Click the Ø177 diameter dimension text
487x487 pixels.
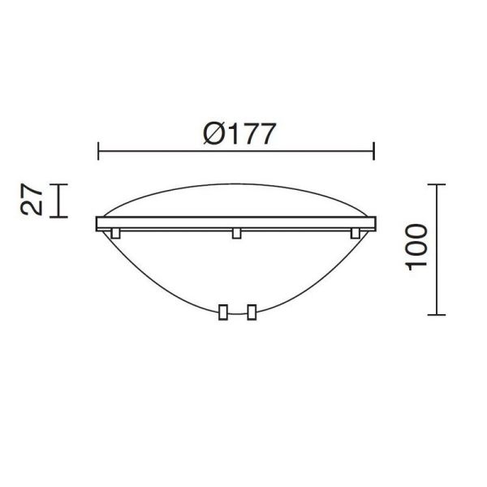[236, 133]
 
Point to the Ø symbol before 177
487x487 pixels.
[211, 133]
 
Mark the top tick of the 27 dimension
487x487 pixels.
[58, 185]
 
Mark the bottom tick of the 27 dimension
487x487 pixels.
[58, 217]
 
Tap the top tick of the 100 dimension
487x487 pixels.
[437, 185]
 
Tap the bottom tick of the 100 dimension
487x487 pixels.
[437, 314]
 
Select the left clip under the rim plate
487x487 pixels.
[116, 234]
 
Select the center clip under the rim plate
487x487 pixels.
[236, 234]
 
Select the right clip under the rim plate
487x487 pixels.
[355, 234]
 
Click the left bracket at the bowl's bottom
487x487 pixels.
[222, 311]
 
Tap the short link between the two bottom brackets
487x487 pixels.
[236, 313]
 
